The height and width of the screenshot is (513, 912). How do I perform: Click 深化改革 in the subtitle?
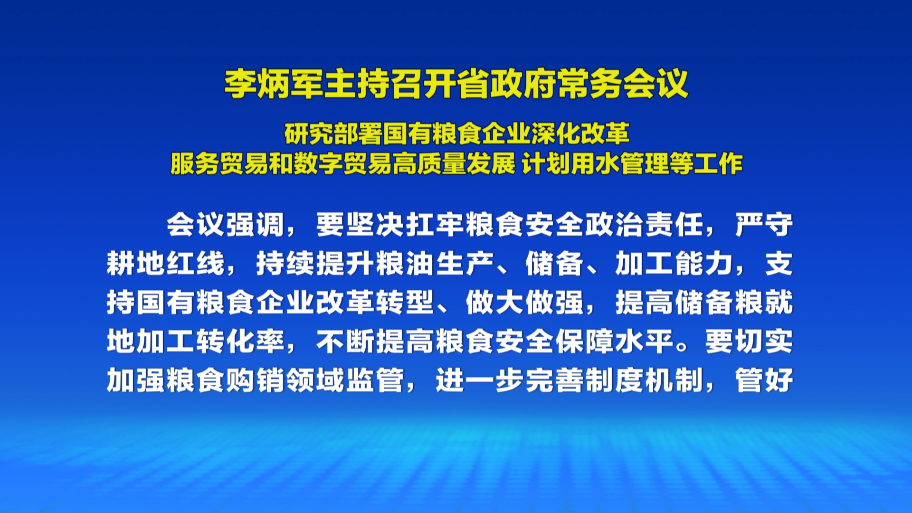click(x=580, y=134)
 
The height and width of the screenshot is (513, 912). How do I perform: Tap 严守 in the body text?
click(x=764, y=225)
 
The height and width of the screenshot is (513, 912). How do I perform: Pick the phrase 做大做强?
click(x=525, y=303)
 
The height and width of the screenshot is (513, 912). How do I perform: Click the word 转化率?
click(x=241, y=342)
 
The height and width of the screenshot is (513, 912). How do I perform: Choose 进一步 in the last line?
click(x=480, y=380)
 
